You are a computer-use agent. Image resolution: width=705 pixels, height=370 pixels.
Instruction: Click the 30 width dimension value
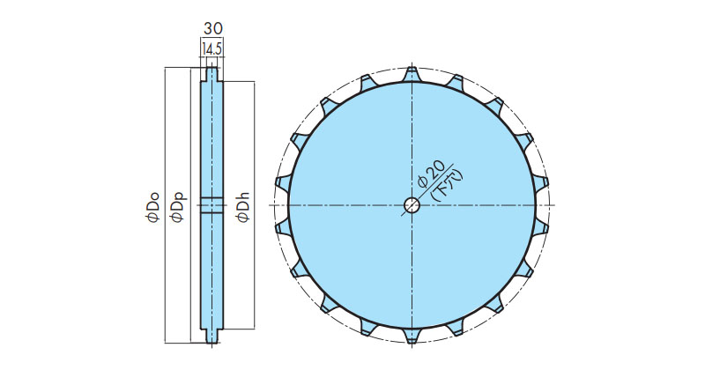pyautogui.click(x=212, y=29)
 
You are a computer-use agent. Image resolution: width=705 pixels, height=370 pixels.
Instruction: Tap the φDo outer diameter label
pyautogui.click(x=153, y=206)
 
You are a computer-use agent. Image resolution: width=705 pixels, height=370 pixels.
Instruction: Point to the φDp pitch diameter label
pyautogui.click(x=179, y=206)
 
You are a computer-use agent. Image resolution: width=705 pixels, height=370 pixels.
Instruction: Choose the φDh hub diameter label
pyautogui.click(x=243, y=206)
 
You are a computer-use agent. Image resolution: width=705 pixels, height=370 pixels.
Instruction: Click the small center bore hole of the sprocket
pyautogui.click(x=412, y=205)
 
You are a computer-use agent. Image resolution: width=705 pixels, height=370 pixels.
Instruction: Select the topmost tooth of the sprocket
pyautogui.click(x=412, y=75)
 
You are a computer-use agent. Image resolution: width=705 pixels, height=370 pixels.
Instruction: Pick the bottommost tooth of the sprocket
pyautogui.click(x=412, y=336)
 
